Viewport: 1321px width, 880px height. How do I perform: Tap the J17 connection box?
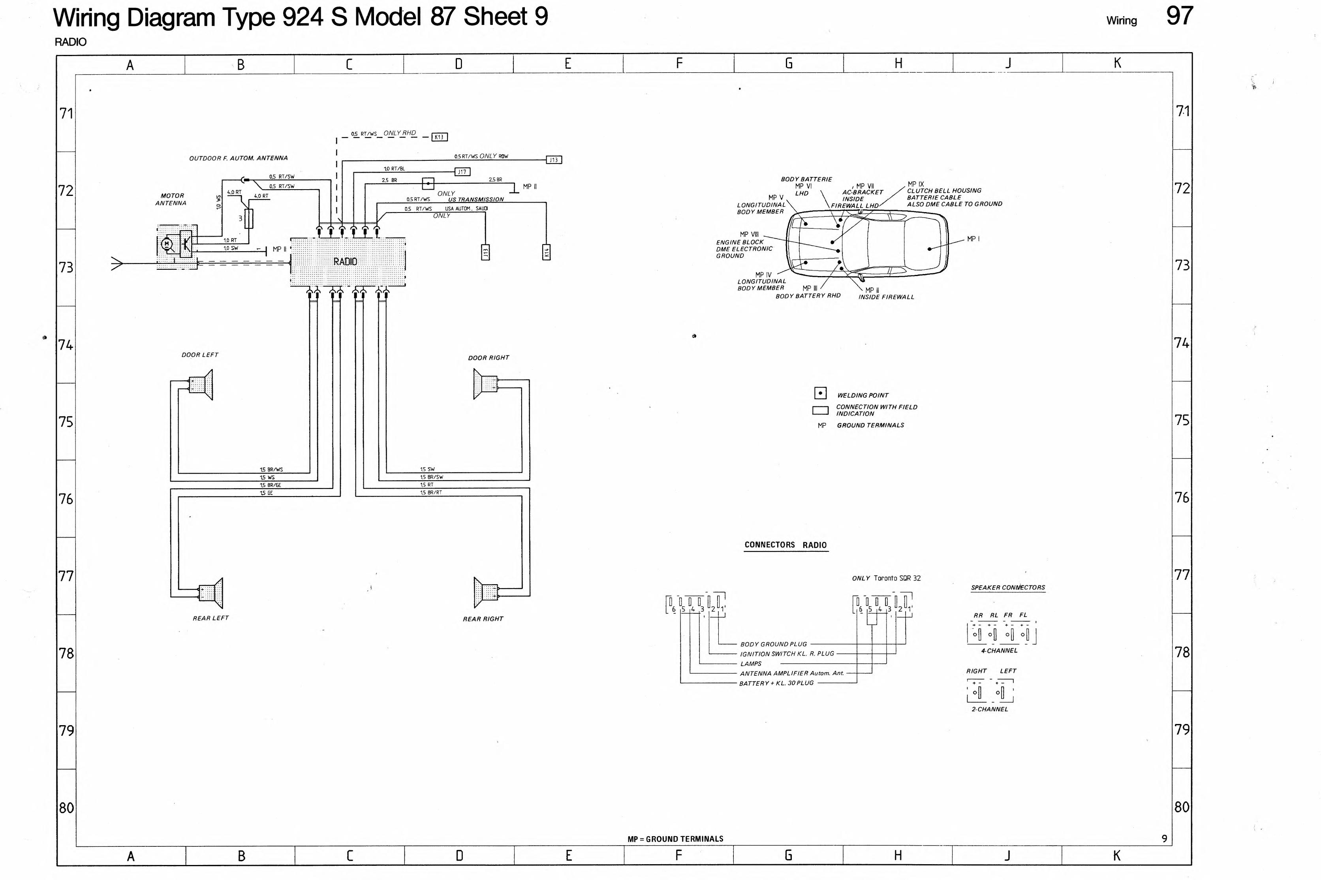pyautogui.click(x=462, y=172)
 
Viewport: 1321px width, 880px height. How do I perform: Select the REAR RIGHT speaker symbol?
pyautogui.click(x=486, y=592)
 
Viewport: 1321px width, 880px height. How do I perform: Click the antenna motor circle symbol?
pyautogui.click(x=166, y=244)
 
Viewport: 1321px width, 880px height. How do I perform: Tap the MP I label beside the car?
pyautogui.click(x=973, y=239)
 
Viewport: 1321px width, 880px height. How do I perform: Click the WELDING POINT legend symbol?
pyautogui.click(x=820, y=393)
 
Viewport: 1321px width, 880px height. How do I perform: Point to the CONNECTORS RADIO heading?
pyautogui.click(x=785, y=545)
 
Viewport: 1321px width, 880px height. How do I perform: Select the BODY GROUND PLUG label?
pyautogui.click(x=773, y=644)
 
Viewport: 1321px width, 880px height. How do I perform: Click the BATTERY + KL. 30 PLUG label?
pyautogui.click(x=776, y=683)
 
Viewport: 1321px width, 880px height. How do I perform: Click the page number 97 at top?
pyautogui.click(x=1180, y=16)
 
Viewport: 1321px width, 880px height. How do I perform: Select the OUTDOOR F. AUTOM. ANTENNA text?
pyautogui.click(x=239, y=158)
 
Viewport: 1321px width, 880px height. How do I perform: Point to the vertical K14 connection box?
pyautogui.click(x=546, y=252)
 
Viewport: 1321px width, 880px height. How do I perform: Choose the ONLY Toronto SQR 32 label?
pyautogui.click(x=886, y=578)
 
